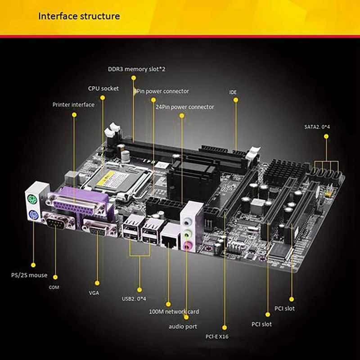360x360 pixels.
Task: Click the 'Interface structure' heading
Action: coord(79,17)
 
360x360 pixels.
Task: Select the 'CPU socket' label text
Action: coord(103,88)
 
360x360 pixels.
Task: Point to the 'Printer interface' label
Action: coord(73,104)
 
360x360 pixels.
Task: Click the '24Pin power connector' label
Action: coord(184,107)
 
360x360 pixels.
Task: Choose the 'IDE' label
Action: coord(233,92)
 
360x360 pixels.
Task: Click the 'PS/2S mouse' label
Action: coord(29,275)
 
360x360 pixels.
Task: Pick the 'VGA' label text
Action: coord(94,292)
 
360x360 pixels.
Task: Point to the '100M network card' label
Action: coord(174,311)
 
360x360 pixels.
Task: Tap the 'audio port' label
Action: coord(183,326)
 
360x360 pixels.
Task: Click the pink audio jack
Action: coord(189,245)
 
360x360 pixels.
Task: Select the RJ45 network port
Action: coord(170,237)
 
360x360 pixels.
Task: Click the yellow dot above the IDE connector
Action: coord(235,101)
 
